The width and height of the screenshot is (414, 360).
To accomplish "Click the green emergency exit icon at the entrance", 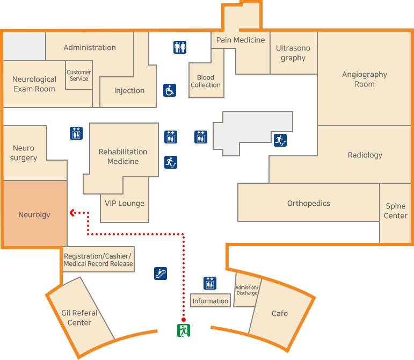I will click(x=184, y=330).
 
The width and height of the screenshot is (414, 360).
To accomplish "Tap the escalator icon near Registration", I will click(x=160, y=273).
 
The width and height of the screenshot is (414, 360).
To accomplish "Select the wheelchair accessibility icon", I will click(x=170, y=90).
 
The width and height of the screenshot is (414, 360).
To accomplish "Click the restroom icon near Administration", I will click(x=180, y=47).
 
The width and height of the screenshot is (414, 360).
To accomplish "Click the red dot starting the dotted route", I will click(x=184, y=319).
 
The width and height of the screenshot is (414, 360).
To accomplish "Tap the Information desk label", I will click(x=210, y=301).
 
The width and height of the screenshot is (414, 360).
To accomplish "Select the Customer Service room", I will click(x=78, y=76).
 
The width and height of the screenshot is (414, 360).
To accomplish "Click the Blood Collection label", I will click(x=206, y=81).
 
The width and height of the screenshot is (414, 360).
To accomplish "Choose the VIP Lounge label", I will click(x=125, y=203).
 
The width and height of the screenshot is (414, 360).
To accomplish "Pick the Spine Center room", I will click(x=395, y=211).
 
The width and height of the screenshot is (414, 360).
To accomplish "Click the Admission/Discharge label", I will click(x=247, y=290).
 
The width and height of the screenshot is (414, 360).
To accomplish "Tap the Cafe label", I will click(x=279, y=313).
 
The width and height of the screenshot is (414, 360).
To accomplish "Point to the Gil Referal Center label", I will click(x=79, y=318).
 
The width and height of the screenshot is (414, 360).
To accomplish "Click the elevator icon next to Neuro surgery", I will click(x=76, y=133).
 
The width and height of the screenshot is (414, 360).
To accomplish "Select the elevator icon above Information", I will click(x=210, y=283).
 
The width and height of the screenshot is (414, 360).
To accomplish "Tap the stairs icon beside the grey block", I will click(x=280, y=140).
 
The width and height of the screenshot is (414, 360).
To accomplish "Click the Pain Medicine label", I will click(x=241, y=40).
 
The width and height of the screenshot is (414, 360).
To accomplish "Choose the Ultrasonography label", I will click(x=293, y=53).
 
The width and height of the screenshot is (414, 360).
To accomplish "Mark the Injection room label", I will click(x=129, y=90).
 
